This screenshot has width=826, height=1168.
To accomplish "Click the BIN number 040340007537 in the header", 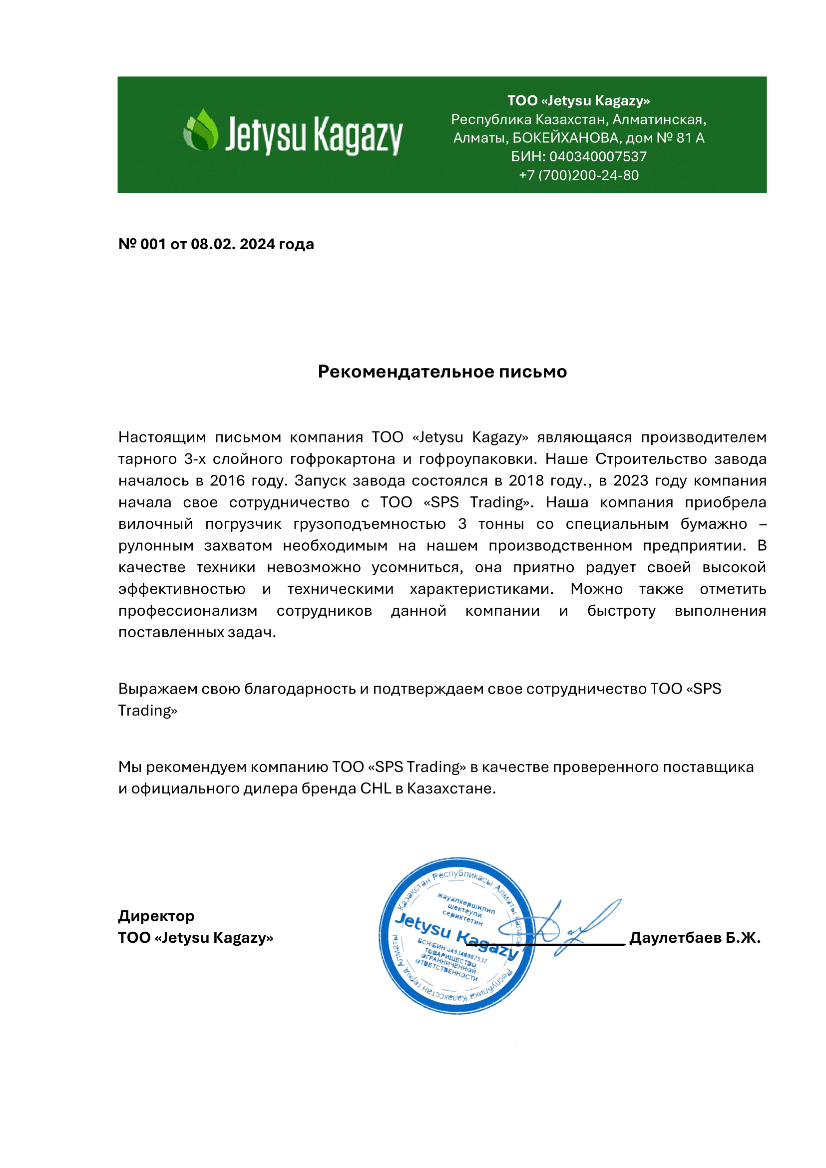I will pyautogui.click(x=598, y=157).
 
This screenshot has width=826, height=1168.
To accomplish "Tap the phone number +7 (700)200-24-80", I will pyautogui.click(x=578, y=175).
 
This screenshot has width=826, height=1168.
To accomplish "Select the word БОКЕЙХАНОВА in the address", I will pyautogui.click(x=567, y=138).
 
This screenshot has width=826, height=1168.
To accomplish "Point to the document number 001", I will pyautogui.click(x=153, y=244).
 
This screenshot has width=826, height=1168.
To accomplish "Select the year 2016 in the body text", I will pyautogui.click(x=227, y=480).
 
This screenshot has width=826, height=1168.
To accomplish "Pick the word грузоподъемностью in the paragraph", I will pyautogui.click(x=370, y=524).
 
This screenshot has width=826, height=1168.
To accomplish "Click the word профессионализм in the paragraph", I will pyautogui.click(x=188, y=610).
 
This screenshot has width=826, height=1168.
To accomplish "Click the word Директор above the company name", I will pyautogui.click(x=156, y=916).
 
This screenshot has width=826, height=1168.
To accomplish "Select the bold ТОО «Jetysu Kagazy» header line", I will pyautogui.click(x=578, y=101).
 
